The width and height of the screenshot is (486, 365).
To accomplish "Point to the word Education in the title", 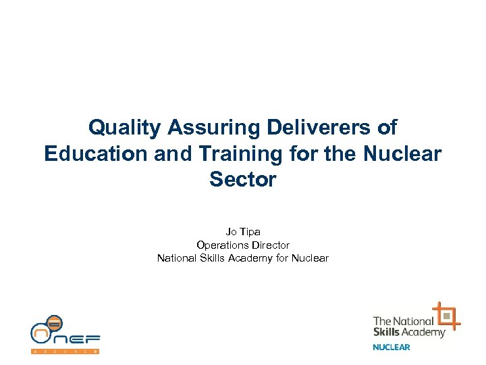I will pyautogui.click(x=94, y=154).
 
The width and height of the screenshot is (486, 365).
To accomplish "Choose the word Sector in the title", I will pyautogui.click(x=243, y=180).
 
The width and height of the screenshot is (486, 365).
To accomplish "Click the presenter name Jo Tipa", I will pyautogui.click(x=243, y=232).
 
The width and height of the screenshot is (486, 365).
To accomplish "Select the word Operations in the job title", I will pyautogui.click(x=219, y=245).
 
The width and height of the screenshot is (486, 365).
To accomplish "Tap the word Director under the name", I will pyautogui.click(x=269, y=245).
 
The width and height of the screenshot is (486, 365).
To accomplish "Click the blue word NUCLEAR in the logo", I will pyautogui.click(x=391, y=347).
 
